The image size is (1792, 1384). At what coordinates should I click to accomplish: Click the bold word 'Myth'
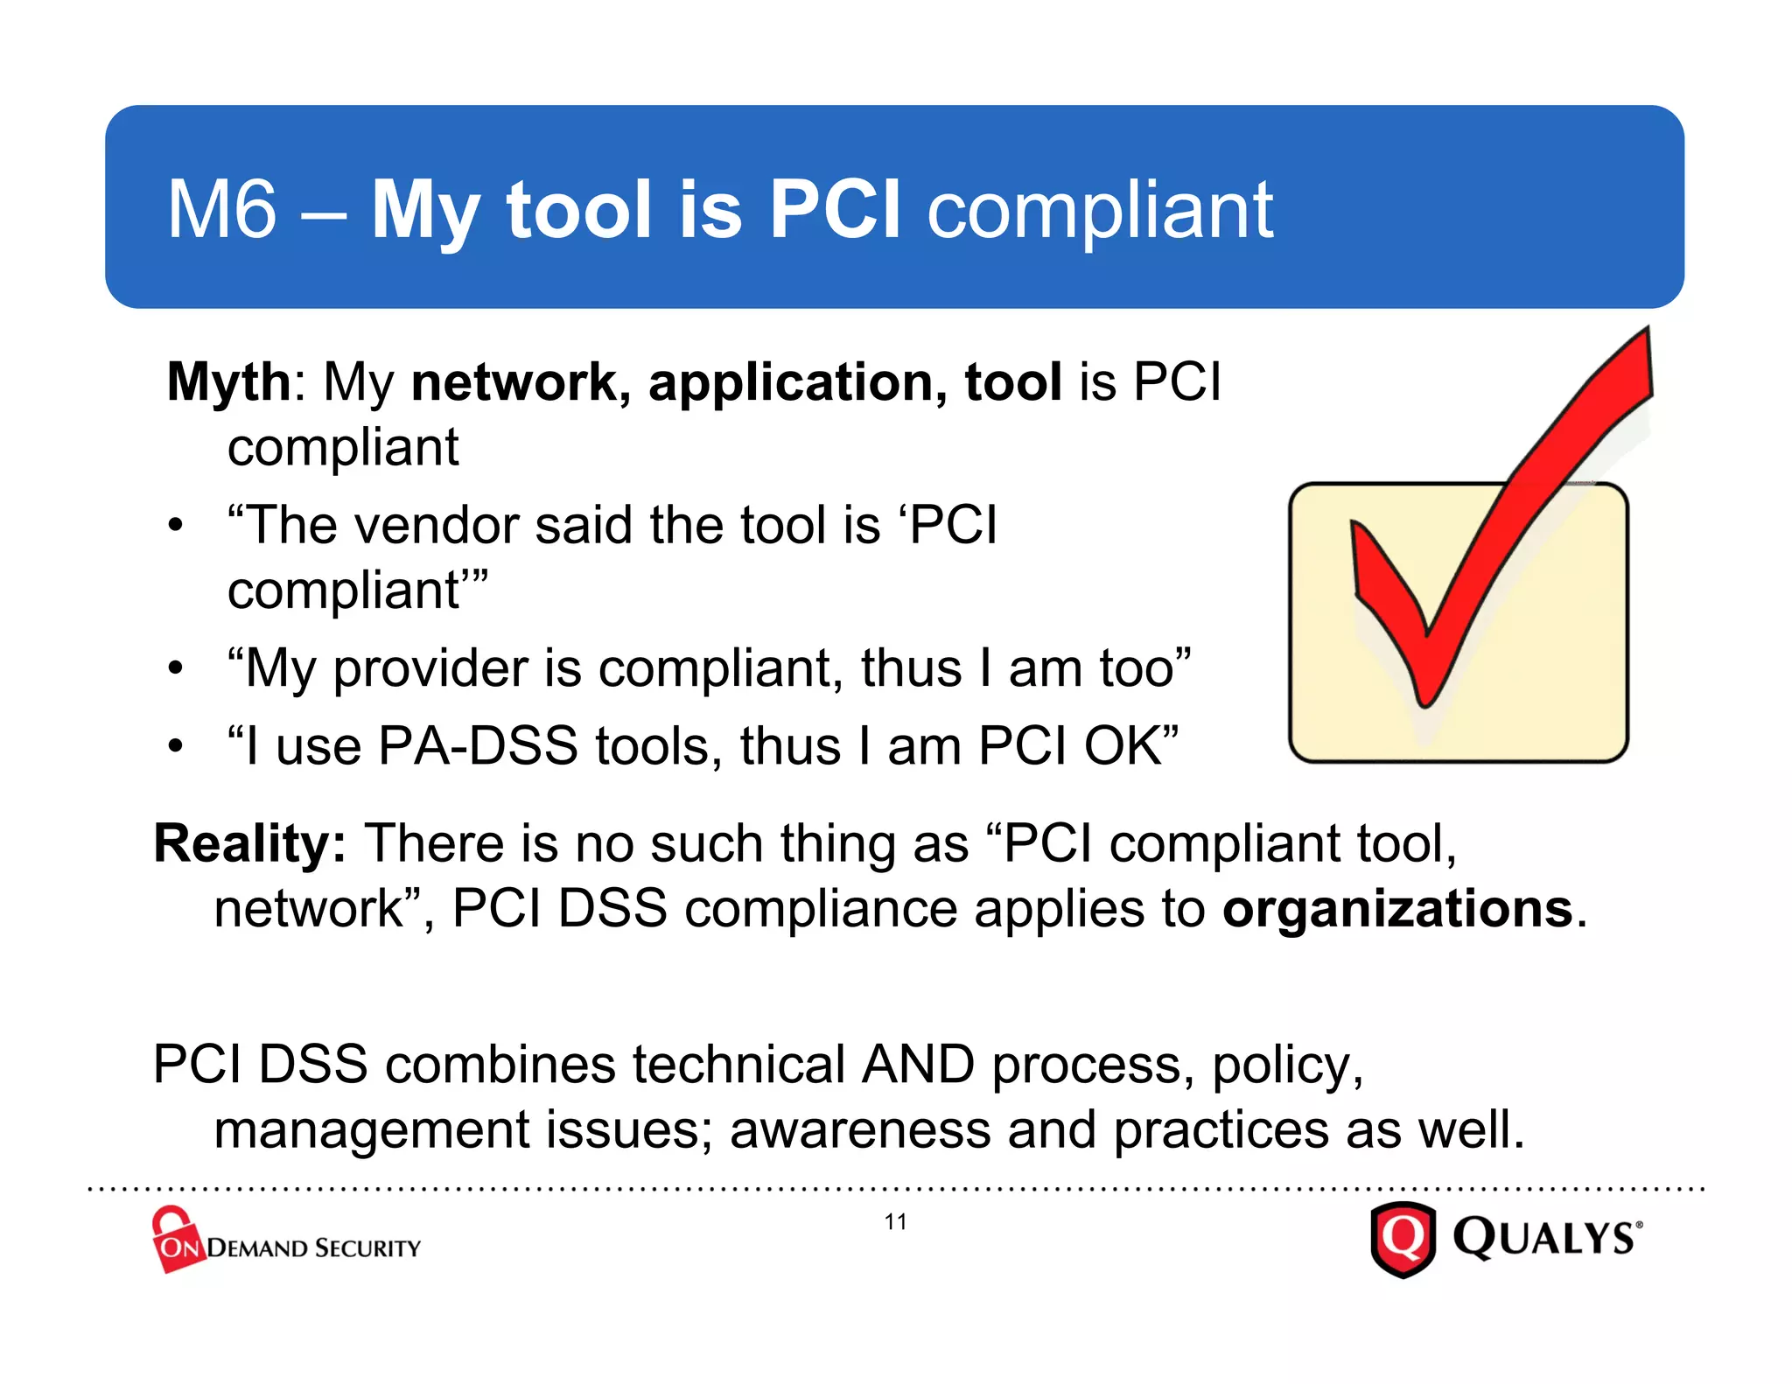[228, 383]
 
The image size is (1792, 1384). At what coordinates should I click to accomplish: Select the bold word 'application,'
[797, 383]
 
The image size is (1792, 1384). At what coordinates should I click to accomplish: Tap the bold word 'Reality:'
[250, 844]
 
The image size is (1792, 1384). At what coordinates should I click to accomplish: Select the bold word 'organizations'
[1397, 909]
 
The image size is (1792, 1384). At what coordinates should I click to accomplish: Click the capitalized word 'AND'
[917, 1065]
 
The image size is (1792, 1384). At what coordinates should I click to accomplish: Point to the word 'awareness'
[860, 1129]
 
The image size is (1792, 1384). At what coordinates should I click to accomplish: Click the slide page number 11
[895, 1222]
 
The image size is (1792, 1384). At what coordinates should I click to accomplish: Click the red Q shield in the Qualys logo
[1403, 1239]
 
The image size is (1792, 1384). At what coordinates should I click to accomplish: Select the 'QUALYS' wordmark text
[1543, 1238]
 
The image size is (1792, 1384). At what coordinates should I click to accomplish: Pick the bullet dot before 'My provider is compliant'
[176, 669]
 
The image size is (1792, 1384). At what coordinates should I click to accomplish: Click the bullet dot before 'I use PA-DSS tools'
[176, 747]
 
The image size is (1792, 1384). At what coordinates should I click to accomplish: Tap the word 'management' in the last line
[371, 1129]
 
